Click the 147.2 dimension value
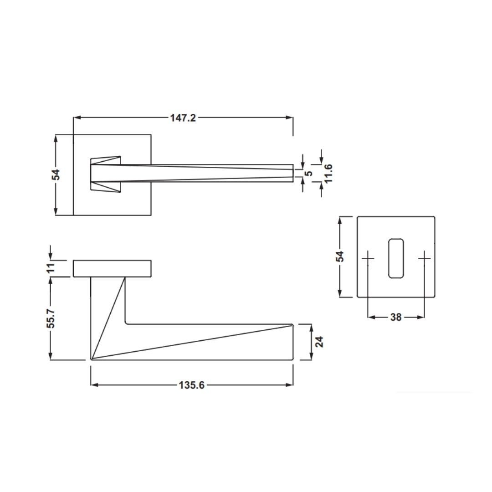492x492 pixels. [183, 118]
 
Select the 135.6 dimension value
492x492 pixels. [191, 385]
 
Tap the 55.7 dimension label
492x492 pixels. [51, 318]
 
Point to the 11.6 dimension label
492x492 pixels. [328, 174]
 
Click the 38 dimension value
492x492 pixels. [396, 317]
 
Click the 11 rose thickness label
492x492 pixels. [51, 268]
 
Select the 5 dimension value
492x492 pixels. [309, 173]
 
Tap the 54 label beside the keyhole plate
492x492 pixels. [340, 256]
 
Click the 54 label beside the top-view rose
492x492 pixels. [56, 175]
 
